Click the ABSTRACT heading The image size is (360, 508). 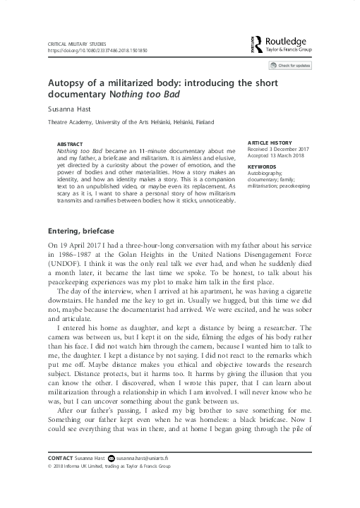[69, 143]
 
